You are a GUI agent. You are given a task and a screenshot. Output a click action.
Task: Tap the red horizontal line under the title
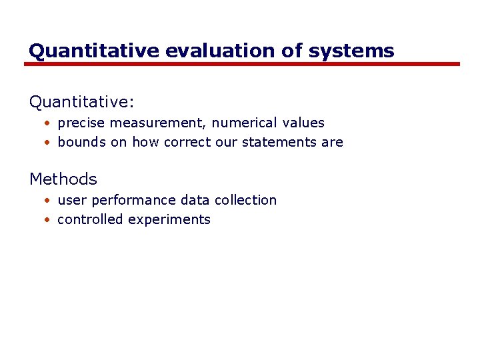click(242, 64)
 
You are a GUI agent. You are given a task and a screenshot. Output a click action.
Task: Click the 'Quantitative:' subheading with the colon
click(82, 102)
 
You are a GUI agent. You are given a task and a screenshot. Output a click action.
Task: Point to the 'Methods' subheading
click(63, 179)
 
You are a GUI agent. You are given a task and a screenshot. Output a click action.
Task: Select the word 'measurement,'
click(159, 123)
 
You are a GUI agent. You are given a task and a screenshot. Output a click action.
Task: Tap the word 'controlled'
click(90, 220)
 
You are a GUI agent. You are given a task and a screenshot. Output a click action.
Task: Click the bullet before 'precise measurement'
click(48, 124)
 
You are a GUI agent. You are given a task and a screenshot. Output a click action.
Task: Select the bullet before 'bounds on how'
click(48, 143)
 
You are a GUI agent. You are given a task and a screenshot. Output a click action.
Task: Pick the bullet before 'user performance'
click(48, 201)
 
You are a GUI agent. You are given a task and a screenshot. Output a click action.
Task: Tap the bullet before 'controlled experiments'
click(48, 221)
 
